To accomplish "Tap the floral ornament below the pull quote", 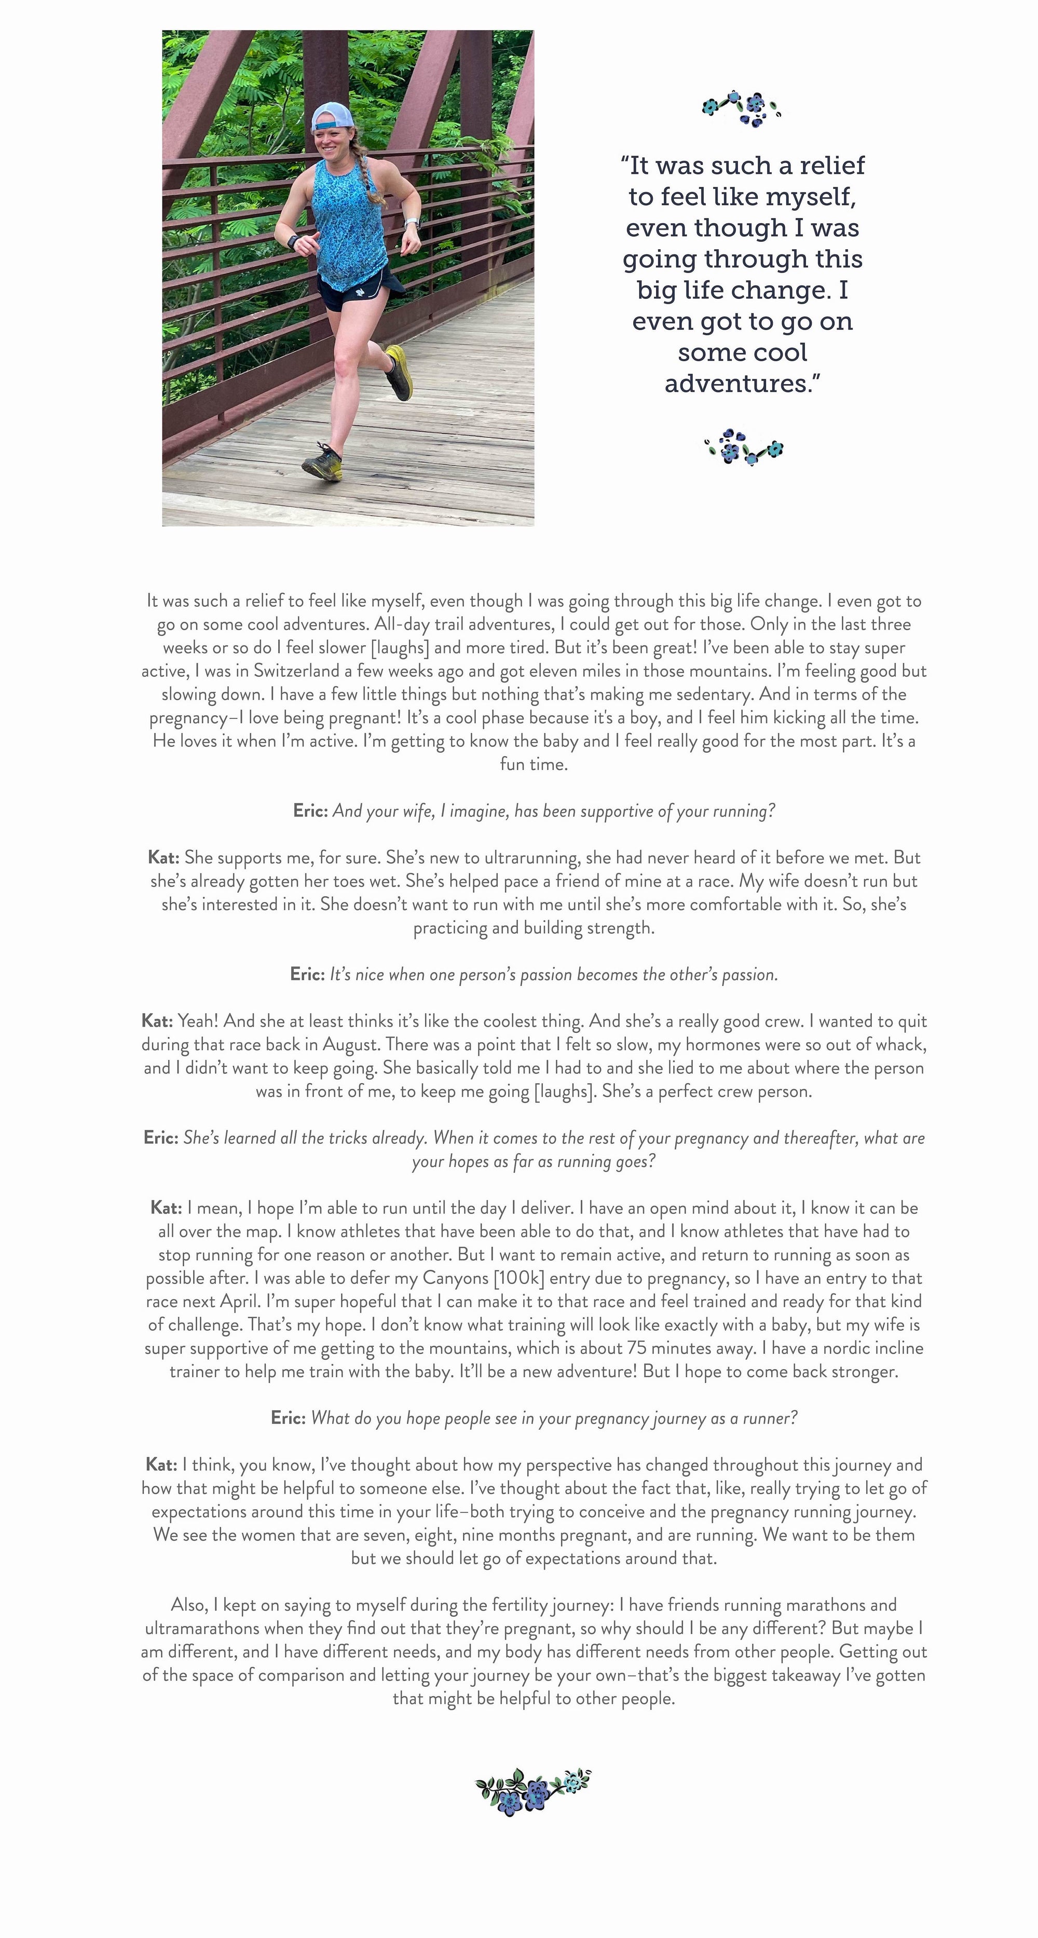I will click(743, 447).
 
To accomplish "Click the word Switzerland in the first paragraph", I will click(296, 671).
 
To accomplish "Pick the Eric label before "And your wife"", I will click(310, 811).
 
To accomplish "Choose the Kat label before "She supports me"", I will click(163, 857).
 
